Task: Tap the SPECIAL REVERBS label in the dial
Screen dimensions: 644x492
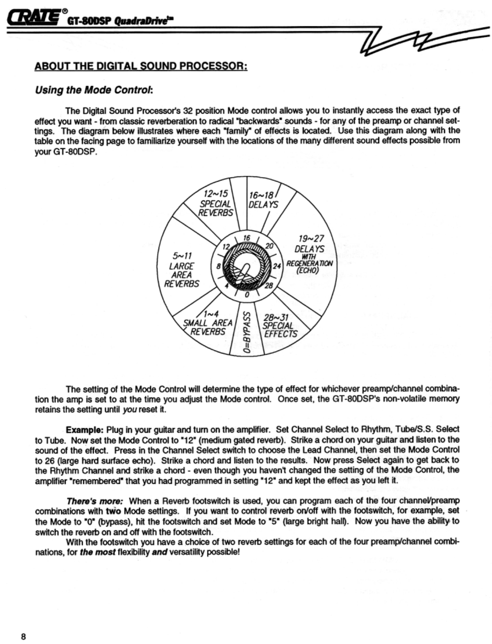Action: click(216, 204)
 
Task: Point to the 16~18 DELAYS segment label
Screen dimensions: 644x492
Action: click(263, 200)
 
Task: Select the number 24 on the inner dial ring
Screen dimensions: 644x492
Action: click(276, 266)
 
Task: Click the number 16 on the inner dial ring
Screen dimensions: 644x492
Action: click(247, 238)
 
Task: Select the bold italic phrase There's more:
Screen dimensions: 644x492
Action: click(95, 501)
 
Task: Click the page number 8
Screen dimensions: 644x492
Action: click(24, 636)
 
